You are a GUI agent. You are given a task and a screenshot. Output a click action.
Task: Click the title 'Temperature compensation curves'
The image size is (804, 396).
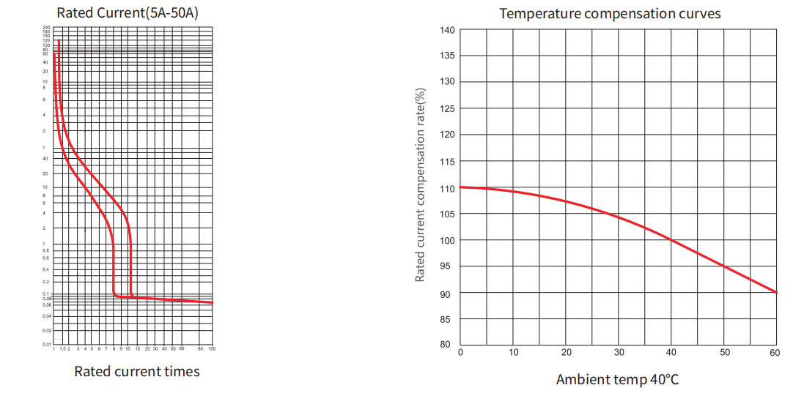610,13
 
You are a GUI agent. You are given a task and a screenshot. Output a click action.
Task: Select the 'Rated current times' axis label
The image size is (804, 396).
137,371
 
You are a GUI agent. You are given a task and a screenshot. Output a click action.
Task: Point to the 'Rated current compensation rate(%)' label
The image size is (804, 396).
420,184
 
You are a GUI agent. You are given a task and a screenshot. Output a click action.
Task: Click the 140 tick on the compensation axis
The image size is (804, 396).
447,30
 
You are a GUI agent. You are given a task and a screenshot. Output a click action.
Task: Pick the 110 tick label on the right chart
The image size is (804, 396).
447,188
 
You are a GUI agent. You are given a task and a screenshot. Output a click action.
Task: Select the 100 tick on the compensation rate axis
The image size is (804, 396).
447,241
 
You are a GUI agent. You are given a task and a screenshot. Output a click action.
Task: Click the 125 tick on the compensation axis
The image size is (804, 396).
447,109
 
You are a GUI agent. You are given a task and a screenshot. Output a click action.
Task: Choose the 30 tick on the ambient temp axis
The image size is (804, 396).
619,353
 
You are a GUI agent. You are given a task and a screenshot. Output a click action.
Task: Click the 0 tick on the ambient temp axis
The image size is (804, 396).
460,353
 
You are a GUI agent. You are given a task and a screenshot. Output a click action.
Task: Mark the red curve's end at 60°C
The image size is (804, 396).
776,292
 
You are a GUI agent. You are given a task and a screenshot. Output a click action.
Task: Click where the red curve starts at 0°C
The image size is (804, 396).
461,187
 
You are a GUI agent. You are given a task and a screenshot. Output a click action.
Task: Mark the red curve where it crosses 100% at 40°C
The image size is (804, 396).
671,240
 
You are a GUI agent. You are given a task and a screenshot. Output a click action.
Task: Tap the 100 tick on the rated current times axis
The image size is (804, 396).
211,349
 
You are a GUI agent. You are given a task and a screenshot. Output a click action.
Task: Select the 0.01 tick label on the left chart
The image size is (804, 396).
47,344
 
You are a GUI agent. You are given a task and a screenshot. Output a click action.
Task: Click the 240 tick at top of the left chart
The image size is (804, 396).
47,28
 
